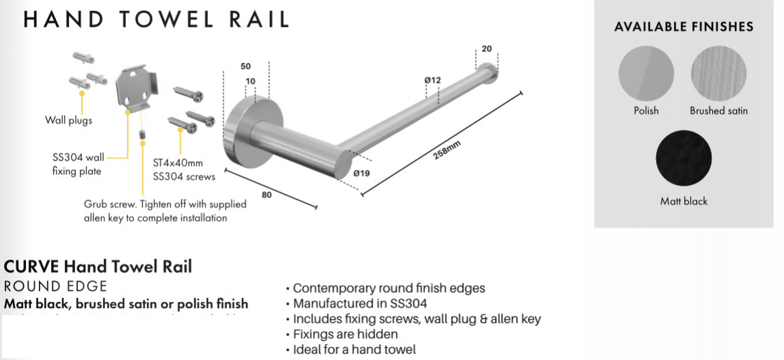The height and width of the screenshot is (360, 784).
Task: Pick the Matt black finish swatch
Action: coord(684,158)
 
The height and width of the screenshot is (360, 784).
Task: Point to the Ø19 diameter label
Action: coord(362,174)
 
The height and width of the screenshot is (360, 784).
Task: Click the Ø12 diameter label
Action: coord(432,80)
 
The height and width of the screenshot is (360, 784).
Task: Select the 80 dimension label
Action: coord(267,195)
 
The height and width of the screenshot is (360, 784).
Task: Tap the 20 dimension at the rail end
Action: coord(486,49)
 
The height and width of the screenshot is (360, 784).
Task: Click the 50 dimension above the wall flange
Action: coord(245,66)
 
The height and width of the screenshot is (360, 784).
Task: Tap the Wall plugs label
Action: coord(68,121)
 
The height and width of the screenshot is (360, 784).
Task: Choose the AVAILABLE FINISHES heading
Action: coord(684,27)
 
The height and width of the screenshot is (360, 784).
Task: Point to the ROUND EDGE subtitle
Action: coord(55,286)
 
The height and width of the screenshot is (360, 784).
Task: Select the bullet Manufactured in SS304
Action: coord(360,303)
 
